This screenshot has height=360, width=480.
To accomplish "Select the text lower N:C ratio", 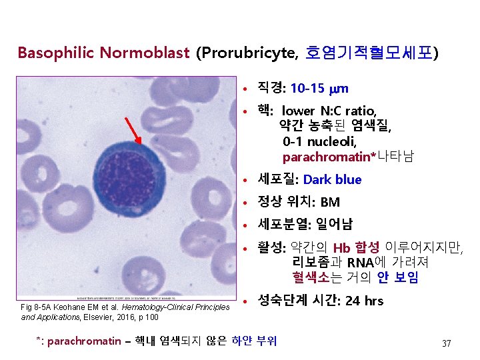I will click(x=329, y=111).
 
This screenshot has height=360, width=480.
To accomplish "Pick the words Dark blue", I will click(x=332, y=180).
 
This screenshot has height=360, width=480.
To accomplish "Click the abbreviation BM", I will click(x=329, y=202).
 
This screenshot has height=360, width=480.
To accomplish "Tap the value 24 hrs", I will click(x=365, y=301).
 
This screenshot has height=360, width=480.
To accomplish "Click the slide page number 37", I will click(x=446, y=343).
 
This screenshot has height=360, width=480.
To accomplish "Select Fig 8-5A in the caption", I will click(x=38, y=307).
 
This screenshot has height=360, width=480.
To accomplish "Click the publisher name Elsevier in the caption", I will click(x=109, y=317).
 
